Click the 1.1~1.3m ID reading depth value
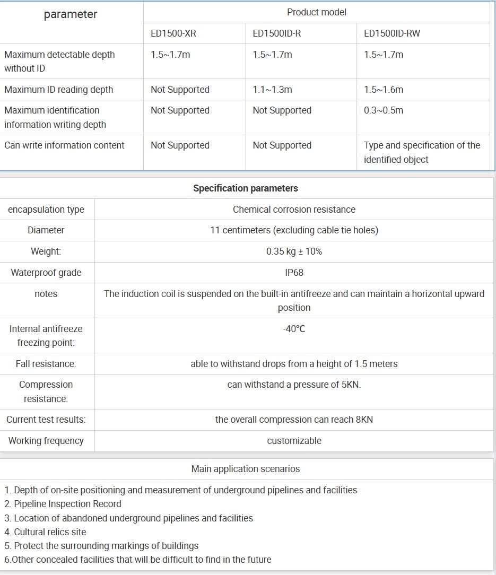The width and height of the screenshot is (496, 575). (272, 90)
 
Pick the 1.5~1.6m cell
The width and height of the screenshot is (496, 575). (384, 90)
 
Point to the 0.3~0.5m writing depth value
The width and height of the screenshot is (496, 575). (384, 110)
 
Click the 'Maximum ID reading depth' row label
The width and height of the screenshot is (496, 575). (59, 90)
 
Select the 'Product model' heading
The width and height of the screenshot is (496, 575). (317, 12)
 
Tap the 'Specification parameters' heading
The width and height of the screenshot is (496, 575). (246, 188)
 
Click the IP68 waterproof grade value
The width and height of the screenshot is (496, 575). (294, 273)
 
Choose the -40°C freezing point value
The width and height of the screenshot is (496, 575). (294, 329)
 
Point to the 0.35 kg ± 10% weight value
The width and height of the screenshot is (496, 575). (294, 251)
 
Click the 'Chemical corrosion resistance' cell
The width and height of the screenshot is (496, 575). (294, 210)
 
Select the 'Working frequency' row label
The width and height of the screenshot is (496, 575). (46, 441)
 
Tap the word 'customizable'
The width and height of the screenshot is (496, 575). (294, 441)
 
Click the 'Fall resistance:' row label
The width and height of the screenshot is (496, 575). (46, 364)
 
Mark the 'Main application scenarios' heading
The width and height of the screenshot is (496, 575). (246, 469)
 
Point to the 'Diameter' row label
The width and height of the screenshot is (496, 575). (46, 230)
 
